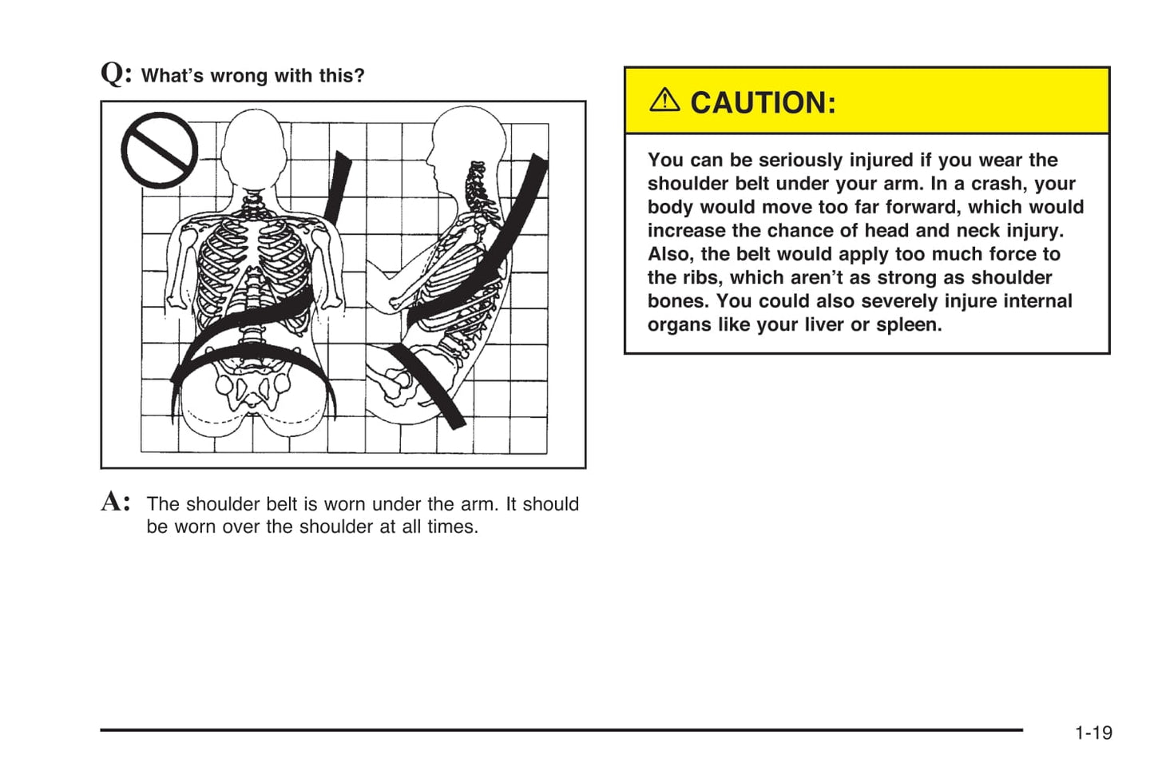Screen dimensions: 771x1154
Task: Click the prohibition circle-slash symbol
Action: point(159,150)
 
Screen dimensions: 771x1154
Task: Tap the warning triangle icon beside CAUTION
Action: point(664,100)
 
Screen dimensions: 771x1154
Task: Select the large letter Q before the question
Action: point(113,74)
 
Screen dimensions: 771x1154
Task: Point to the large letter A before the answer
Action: point(113,502)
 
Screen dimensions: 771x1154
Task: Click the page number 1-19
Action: point(1093,733)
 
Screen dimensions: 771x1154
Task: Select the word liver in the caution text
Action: point(820,324)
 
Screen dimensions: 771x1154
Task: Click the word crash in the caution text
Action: point(997,183)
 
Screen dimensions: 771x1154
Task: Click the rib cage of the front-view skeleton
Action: point(252,264)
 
